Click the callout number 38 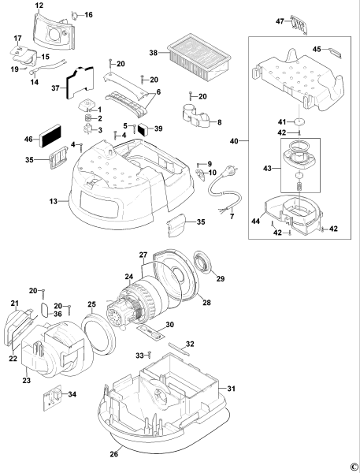[x=154, y=53]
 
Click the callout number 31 [x=232, y=388]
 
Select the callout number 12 [x=39, y=6]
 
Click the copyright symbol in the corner [x=353, y=467]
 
